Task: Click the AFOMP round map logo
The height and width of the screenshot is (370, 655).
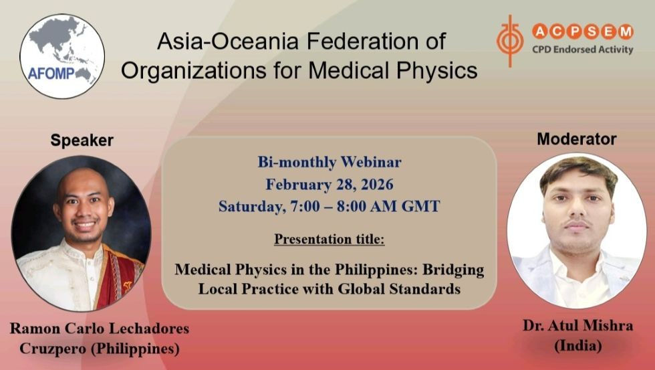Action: [61, 56]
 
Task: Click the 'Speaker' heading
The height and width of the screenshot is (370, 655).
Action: [82, 140]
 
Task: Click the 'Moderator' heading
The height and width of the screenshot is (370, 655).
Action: [576, 139]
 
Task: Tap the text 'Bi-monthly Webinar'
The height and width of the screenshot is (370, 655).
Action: [329, 161]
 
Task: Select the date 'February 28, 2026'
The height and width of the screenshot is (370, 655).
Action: [329, 184]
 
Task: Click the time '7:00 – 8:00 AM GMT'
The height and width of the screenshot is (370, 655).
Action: [362, 206]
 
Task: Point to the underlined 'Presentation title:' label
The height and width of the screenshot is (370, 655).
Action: [329, 239]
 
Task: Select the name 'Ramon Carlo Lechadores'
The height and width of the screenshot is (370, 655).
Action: [99, 329]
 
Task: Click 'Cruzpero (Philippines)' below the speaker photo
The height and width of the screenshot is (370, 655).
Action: [99, 349]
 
